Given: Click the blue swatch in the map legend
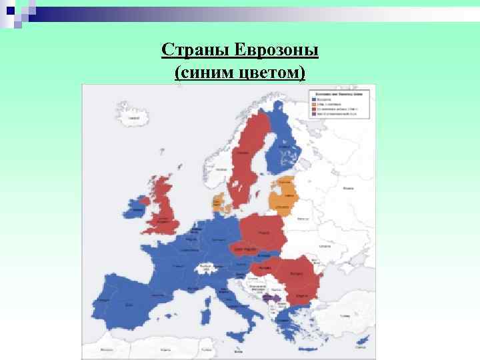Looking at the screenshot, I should (313, 100).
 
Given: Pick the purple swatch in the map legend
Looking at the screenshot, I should (313, 114).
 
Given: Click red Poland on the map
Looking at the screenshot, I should (263, 231).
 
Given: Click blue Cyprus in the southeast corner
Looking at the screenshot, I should (364, 344).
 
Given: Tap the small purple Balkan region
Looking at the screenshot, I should (269, 298).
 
